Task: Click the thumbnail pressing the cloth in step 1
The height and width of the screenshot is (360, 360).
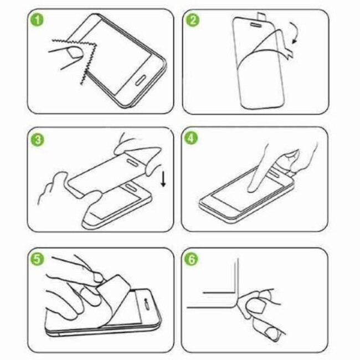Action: tap(72, 53)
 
